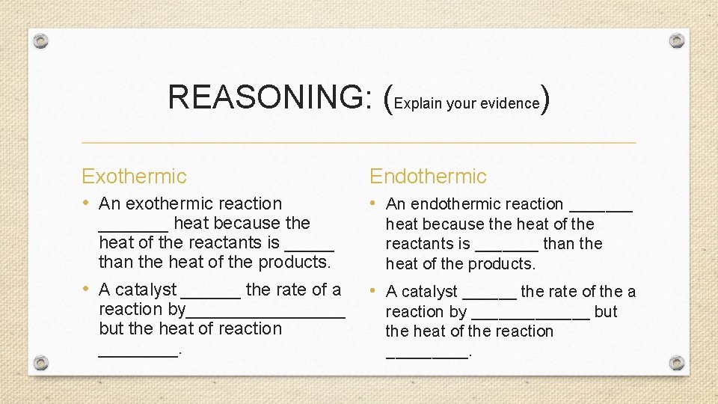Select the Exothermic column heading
coord(134,177)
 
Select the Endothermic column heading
coord(428,177)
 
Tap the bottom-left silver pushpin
coord(42,363)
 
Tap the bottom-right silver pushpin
coord(676,363)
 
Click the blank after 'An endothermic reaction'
coord(601,209)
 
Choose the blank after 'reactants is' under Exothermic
coord(309,247)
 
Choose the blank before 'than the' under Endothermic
coord(506,248)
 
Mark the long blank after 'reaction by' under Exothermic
coord(266,314)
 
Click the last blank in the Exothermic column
coord(139,353)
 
